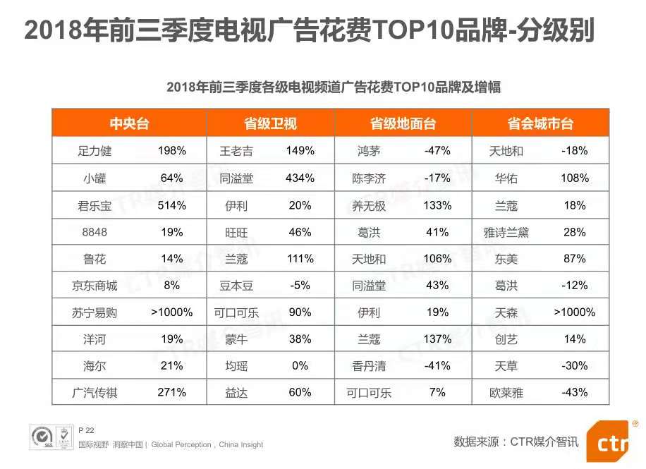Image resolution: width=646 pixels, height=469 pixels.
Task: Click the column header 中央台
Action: (x=129, y=123)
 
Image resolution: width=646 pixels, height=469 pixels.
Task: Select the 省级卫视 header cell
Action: (x=270, y=123)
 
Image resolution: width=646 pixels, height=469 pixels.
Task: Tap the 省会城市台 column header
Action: (x=540, y=123)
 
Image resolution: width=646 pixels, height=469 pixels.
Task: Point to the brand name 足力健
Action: (x=95, y=151)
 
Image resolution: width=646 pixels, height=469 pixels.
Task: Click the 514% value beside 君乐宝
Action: (x=171, y=205)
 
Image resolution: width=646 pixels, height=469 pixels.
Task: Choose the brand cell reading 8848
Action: (x=95, y=232)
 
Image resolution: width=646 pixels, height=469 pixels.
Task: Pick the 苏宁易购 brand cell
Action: (x=95, y=312)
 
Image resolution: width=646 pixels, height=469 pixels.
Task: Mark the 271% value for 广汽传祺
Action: (x=171, y=392)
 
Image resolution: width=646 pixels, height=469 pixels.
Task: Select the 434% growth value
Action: (x=300, y=178)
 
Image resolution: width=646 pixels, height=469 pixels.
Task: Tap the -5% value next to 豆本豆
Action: (x=300, y=286)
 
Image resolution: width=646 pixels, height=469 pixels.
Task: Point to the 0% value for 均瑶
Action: (x=300, y=365)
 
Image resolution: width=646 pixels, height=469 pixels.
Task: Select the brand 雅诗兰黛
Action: (x=506, y=232)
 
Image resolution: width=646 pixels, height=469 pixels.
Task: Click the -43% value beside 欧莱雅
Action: (x=575, y=392)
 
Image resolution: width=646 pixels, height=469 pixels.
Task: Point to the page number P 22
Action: (x=85, y=430)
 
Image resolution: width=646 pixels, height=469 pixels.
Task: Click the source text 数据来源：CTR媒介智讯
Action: (x=516, y=441)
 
